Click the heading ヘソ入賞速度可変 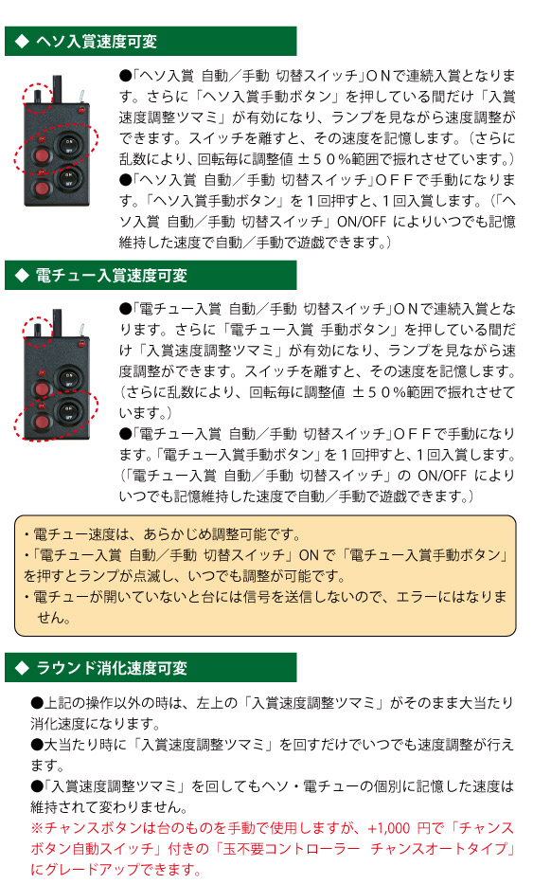coord(96,41)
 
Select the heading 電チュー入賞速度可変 coord(111,275)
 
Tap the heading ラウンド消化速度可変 coord(111,668)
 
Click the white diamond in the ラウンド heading coord(22,668)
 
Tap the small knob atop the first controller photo coord(38,95)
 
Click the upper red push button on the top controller coord(41,155)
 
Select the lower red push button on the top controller coord(41,188)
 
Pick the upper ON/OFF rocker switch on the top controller coord(68,147)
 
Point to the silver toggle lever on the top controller coord(80,96)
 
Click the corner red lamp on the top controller coord(81,109)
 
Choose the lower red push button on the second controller coord(41,421)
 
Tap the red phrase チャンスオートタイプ coord(439,849)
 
